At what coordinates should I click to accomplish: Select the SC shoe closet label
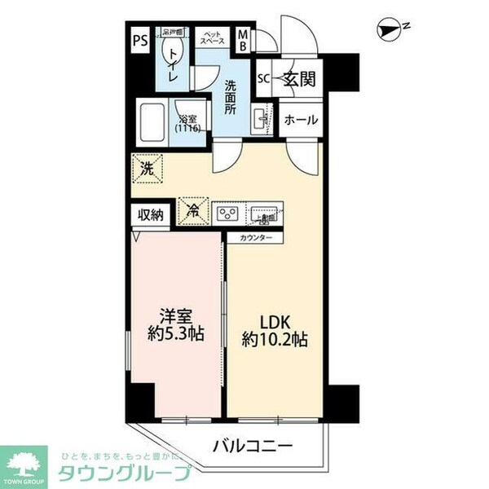(x=263, y=80)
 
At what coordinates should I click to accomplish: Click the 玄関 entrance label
(x=297, y=79)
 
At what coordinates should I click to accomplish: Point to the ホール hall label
(x=300, y=120)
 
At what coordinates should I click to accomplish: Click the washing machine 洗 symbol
(x=147, y=170)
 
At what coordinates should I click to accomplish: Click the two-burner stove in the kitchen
(x=227, y=214)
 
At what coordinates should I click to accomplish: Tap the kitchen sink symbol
(x=265, y=214)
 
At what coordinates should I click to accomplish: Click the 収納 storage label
(x=151, y=215)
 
